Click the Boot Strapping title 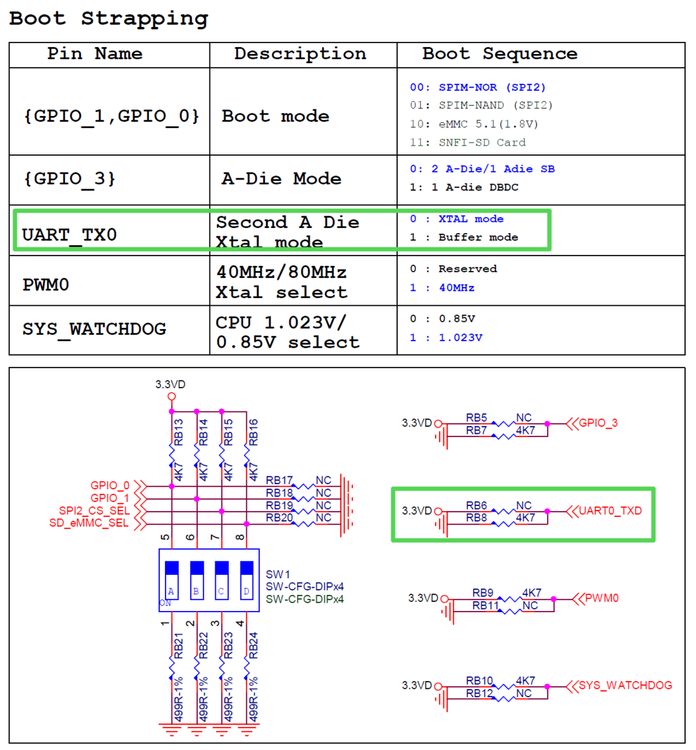108,19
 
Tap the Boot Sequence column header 499,54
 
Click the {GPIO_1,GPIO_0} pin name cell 111,117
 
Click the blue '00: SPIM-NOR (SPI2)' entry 477,87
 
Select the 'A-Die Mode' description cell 282,179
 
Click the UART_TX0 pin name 69,235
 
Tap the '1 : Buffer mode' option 463,238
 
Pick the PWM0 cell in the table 46,285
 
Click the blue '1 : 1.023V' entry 446,337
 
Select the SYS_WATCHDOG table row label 94,329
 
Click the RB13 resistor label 179,432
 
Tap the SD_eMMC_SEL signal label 89,523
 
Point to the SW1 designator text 278,574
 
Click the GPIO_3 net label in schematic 598,423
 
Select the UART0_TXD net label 610,511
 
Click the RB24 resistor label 253,645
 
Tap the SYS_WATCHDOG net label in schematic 625,685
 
